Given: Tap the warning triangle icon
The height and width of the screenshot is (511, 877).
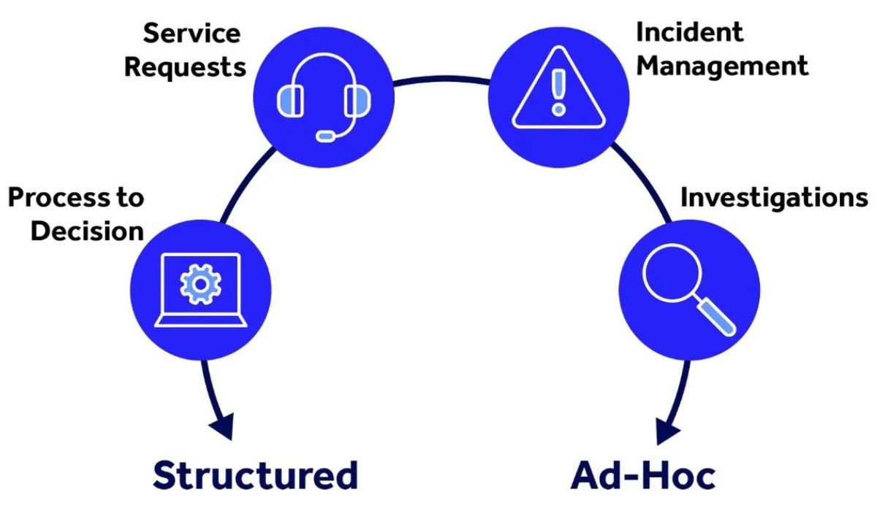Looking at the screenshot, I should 558,91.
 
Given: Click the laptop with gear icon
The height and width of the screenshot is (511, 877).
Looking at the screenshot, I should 199,289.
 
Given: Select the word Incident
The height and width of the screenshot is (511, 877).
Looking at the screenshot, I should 689,33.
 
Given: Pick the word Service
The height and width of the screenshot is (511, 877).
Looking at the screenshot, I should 192,34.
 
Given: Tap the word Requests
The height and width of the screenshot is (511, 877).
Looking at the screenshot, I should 185,67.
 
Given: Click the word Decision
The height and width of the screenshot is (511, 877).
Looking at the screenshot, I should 88,231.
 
